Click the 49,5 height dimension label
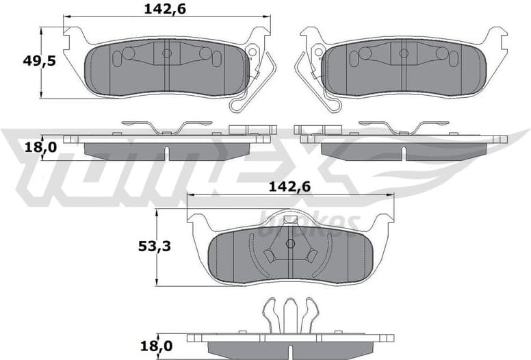[21, 60]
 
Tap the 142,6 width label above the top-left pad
[164, 8]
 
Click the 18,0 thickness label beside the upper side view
[21, 147]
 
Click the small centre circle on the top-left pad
[166, 53]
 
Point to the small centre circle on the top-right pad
[404, 53]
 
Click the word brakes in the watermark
[311, 222]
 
